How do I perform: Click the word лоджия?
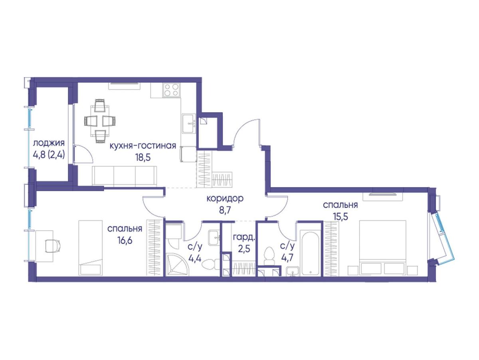[x=49, y=144]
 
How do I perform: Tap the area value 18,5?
[x=143, y=157]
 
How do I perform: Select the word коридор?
[x=225, y=199]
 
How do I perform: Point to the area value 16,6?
[x=125, y=241]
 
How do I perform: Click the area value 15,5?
[x=340, y=217]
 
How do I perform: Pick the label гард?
[x=244, y=237]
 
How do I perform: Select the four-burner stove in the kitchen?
[x=172, y=90]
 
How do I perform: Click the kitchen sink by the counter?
[x=189, y=123]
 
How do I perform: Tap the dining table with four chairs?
[x=100, y=121]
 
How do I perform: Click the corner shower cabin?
[x=177, y=265]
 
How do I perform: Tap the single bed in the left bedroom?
[x=90, y=248]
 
